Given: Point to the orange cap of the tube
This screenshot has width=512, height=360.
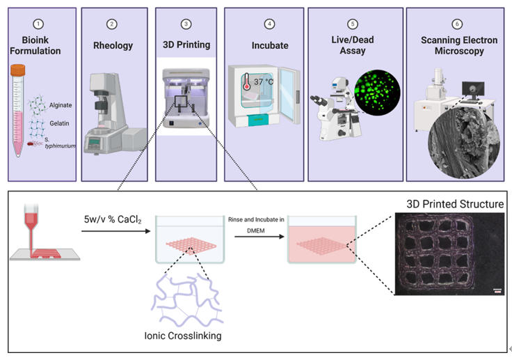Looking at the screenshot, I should click(18, 70).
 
